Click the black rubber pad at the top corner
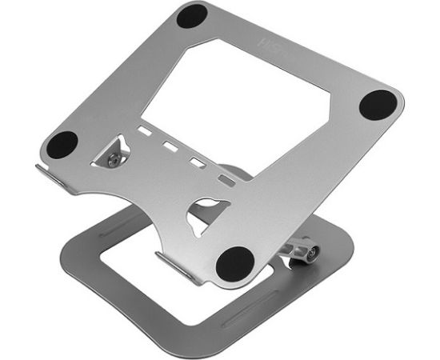pyautogui.click(x=192, y=16)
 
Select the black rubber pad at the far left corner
pyautogui.click(x=62, y=144)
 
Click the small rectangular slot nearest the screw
pyautogui.click(x=144, y=130)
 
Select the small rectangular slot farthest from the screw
pyautogui.click(x=228, y=182)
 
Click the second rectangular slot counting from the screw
pyautogui.click(x=170, y=146)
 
